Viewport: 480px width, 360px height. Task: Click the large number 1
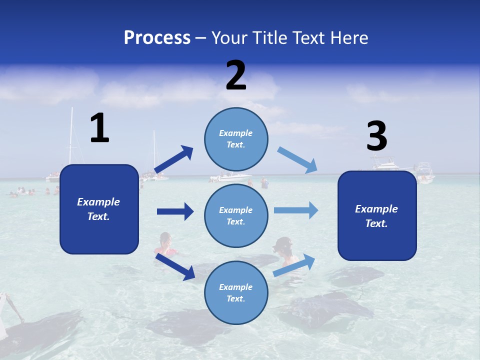pyautogui.click(x=99, y=128)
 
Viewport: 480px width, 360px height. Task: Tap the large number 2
pyautogui.click(x=236, y=75)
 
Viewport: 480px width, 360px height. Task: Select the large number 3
pyautogui.click(x=377, y=136)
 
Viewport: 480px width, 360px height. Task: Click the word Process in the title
pyautogui.click(x=157, y=37)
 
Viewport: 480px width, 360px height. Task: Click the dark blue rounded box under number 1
pyautogui.click(x=99, y=209)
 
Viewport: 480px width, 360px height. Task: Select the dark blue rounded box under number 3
pyautogui.click(x=377, y=215)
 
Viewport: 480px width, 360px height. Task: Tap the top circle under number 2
pyautogui.click(x=236, y=139)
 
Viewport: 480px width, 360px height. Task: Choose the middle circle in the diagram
pyautogui.click(x=236, y=215)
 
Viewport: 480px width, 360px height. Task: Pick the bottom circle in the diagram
pyautogui.click(x=236, y=292)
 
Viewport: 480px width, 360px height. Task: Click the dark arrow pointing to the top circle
pyautogui.click(x=174, y=159)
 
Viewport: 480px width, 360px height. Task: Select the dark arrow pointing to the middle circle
pyautogui.click(x=175, y=211)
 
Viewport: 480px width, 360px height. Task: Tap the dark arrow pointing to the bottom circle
pyautogui.click(x=175, y=266)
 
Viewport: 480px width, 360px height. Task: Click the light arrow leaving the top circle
pyautogui.click(x=297, y=160)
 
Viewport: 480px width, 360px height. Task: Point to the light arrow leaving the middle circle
pyautogui.click(x=296, y=210)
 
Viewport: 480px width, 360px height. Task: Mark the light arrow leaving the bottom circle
pyautogui.click(x=294, y=265)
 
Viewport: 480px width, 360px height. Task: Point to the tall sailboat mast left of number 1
pyautogui.click(x=71, y=137)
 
